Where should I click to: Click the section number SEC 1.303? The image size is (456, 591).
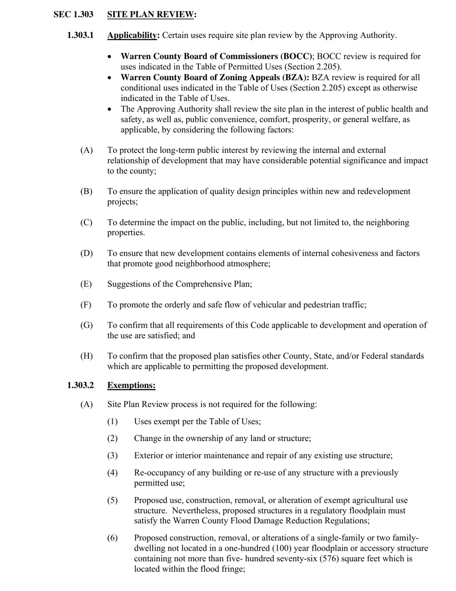click(73, 15)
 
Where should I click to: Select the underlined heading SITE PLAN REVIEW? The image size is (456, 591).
click(150, 15)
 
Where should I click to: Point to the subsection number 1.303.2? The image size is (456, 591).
click(81, 385)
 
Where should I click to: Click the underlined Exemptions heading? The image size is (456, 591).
click(131, 385)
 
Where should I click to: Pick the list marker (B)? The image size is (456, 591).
click(86, 192)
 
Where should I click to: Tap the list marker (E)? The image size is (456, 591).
click(86, 284)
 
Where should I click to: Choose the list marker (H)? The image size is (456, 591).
click(86, 356)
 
